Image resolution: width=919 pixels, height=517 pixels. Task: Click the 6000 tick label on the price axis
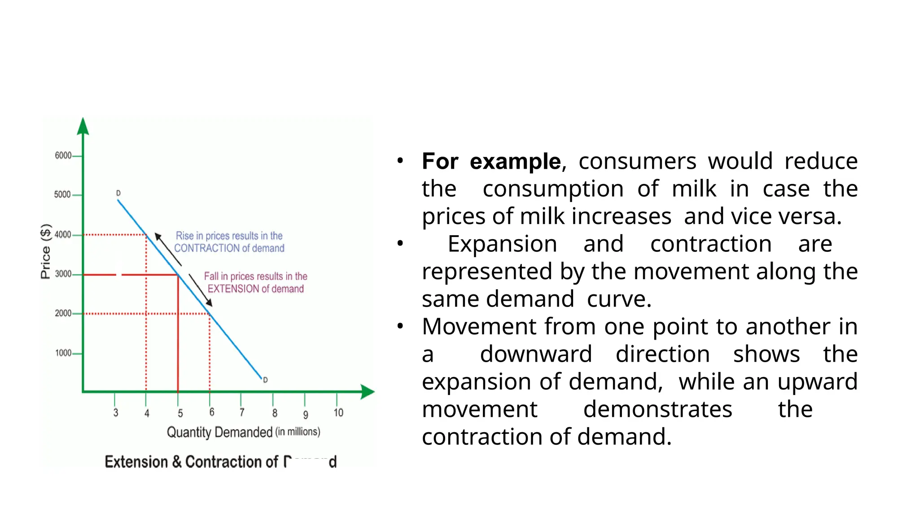63,155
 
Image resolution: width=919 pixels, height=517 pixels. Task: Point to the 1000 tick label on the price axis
63,353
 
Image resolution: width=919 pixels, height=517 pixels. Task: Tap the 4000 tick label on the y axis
63,235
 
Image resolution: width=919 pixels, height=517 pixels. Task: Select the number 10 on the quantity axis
338,412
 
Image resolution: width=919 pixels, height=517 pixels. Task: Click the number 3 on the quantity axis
116,412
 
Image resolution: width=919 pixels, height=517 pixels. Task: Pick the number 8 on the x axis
275,412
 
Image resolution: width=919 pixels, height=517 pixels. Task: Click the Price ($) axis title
45,251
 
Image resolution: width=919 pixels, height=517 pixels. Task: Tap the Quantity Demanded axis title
219,432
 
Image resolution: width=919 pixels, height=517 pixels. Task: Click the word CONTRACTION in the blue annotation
206,248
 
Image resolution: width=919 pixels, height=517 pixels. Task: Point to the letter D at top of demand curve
118,193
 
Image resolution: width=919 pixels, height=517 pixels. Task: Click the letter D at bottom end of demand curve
265,380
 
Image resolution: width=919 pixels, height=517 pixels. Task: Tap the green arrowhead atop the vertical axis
83,126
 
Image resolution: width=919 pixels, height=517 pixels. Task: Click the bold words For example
491,161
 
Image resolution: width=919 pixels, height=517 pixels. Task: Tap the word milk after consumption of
693,188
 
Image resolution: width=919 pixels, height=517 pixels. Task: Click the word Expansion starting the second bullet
502,244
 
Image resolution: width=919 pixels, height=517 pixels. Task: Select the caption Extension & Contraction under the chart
191,462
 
